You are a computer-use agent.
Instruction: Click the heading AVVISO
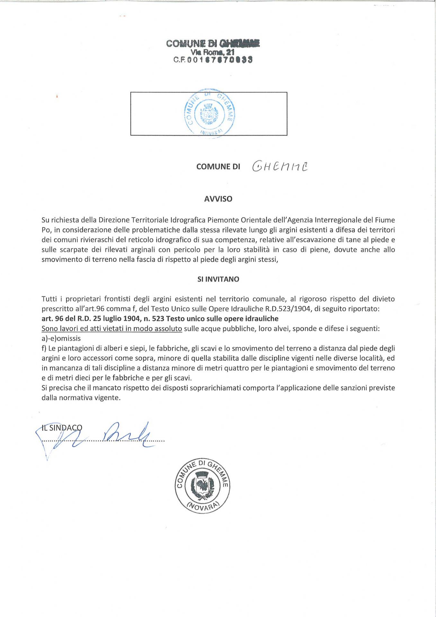[218, 199]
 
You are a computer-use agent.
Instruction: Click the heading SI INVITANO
[218, 279]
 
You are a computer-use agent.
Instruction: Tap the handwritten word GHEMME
[280, 166]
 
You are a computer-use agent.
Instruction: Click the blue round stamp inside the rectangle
[209, 113]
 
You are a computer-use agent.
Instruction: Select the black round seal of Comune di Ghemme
[202, 486]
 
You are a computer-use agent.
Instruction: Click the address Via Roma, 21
[213, 52]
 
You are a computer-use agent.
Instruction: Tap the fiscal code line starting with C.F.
[213, 60]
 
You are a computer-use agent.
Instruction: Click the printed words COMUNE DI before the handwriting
[218, 167]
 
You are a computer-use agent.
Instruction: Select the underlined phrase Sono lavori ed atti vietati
[112, 329]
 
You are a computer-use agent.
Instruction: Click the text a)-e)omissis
[61, 338]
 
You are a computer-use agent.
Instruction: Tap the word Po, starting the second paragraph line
[46, 230]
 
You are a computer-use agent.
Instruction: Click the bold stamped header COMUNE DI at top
[191, 44]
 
